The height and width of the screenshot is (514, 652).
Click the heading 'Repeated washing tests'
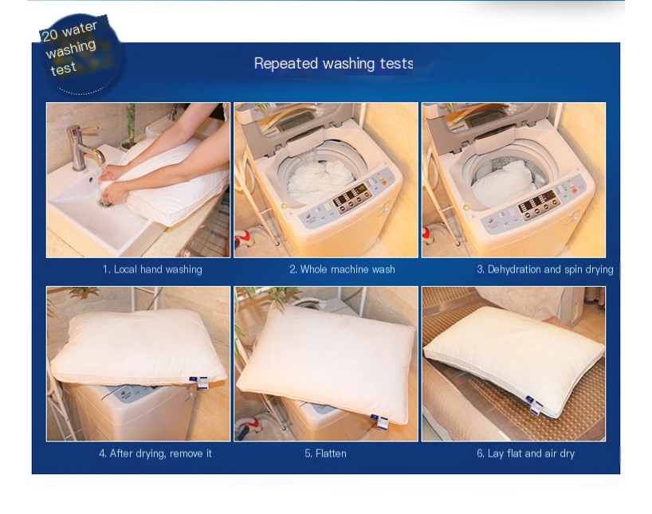click(x=333, y=64)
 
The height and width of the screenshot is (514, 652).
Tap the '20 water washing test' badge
click(x=78, y=55)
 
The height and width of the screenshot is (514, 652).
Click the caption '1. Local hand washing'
click(x=152, y=269)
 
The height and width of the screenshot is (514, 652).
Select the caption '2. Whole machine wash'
click(x=342, y=269)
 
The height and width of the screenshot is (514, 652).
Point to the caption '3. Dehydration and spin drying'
click(x=544, y=269)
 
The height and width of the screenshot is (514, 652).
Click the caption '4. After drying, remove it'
click(x=155, y=453)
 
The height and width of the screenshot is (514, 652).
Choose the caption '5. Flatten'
click(x=325, y=453)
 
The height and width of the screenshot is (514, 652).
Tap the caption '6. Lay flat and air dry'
click(x=525, y=453)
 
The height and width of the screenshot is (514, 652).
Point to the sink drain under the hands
click(x=104, y=202)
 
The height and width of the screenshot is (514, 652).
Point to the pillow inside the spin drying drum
click(x=503, y=181)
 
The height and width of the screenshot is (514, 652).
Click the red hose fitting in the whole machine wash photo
click(x=244, y=241)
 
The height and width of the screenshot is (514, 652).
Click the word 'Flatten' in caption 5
click(x=331, y=453)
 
